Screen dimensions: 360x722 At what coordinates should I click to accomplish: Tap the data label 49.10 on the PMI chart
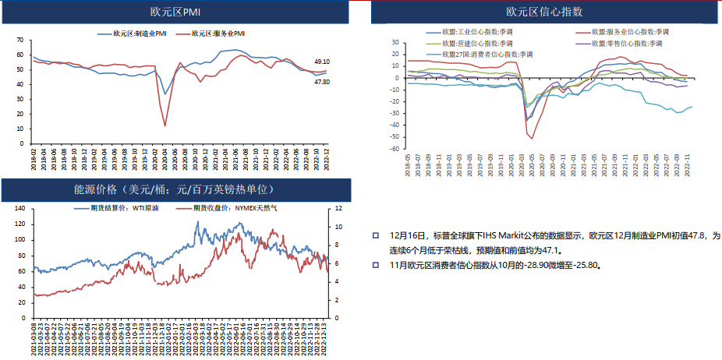pyautogui.click(x=322, y=61)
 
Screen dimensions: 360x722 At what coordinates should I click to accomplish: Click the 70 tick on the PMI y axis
pyautogui.click(x=21, y=41)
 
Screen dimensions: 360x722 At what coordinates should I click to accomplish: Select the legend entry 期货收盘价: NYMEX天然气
pyautogui.click(x=227, y=209)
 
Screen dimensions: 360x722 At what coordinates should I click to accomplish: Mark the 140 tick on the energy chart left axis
pyautogui.click(x=19, y=209)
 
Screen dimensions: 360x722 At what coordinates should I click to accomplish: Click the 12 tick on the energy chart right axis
pyautogui.click(x=338, y=209)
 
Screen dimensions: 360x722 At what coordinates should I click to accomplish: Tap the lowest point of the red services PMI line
pyautogui.click(x=165, y=125)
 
